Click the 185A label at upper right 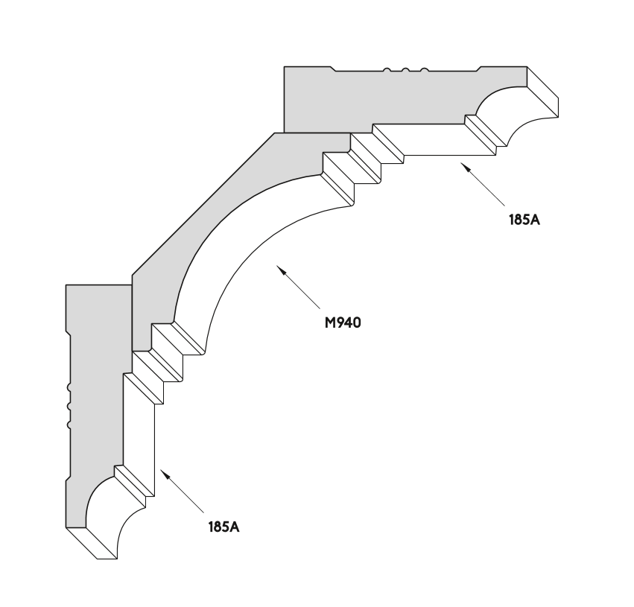click(x=524, y=220)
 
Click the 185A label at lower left click(x=224, y=527)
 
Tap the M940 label click(x=343, y=322)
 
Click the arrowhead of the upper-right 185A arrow click(x=466, y=168)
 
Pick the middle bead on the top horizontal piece click(x=405, y=70)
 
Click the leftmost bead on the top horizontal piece click(x=387, y=70)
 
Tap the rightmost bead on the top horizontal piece click(x=424, y=70)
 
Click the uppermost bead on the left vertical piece click(x=69, y=387)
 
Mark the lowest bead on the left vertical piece click(x=69, y=425)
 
